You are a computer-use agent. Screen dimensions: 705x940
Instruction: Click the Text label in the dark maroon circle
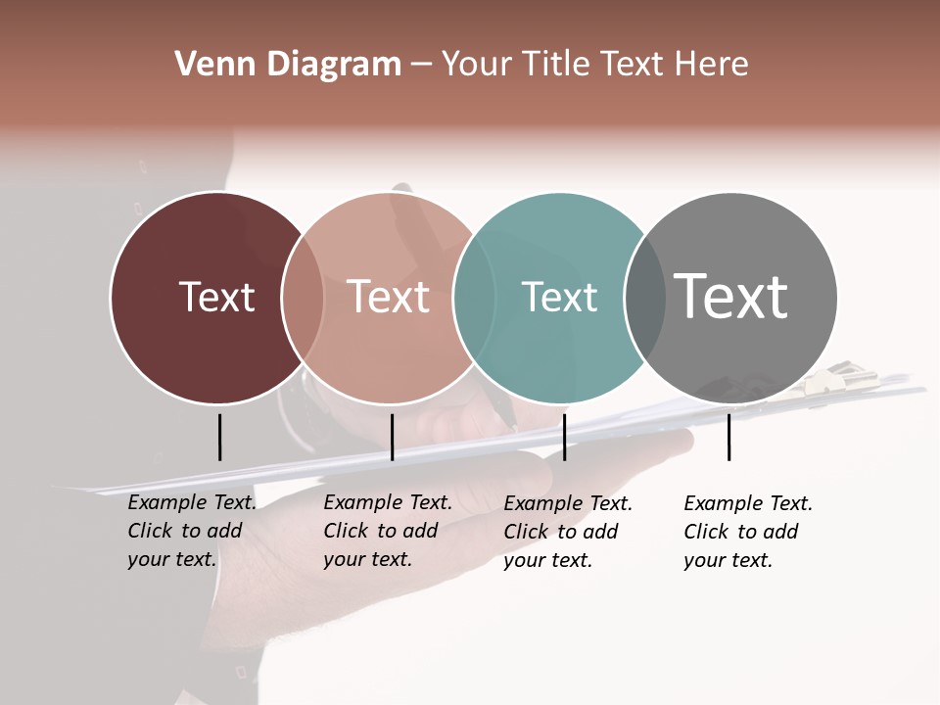coord(216,297)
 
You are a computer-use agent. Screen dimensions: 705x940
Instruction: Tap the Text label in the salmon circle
coord(389,297)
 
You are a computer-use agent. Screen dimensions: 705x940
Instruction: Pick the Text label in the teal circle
coord(559,297)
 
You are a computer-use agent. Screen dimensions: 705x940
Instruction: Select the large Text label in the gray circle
coord(731,296)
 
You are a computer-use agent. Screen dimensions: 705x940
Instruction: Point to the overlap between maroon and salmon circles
coord(303,298)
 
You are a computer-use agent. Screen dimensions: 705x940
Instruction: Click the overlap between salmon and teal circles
coord(474,298)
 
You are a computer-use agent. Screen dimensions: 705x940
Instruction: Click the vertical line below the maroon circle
coord(219,437)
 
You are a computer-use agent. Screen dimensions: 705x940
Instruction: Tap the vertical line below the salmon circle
coord(392,437)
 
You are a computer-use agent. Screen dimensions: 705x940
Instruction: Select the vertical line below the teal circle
coord(564,437)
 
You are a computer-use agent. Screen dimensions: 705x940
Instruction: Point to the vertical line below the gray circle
coord(728,437)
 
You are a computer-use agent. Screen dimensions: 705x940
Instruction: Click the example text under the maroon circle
coord(192,531)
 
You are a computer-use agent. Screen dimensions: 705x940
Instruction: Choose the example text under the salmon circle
coord(388,531)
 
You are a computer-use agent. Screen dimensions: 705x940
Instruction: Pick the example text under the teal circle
coord(568,532)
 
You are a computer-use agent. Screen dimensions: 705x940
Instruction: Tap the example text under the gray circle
coord(748,532)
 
